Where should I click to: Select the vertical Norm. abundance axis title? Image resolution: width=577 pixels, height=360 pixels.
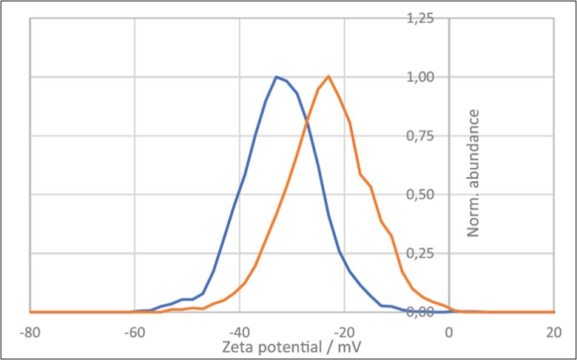(x=473, y=172)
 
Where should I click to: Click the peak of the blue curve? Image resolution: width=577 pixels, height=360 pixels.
(x=276, y=76)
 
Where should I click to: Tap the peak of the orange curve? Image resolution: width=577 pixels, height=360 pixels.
(x=328, y=76)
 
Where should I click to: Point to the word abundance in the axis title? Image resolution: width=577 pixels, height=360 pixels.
(x=473, y=148)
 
